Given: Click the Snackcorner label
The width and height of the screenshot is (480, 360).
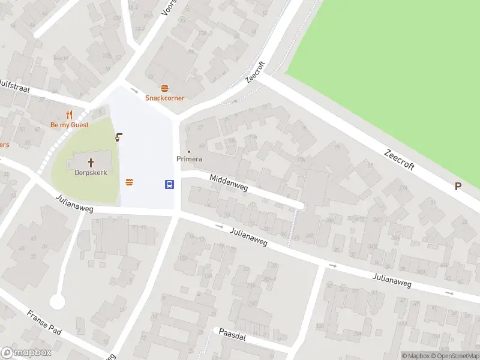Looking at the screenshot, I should (x=164, y=98).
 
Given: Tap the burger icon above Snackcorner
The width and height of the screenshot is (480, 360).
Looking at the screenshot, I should (x=164, y=88).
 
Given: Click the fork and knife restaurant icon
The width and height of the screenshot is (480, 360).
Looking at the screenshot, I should (x=69, y=115).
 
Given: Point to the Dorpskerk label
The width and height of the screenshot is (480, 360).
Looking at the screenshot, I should (x=91, y=172).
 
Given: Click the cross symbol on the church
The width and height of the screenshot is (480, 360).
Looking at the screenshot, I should (x=91, y=162).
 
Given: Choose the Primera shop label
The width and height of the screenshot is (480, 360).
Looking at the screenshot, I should (x=189, y=159).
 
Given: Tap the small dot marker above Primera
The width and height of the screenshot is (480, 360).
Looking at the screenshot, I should (x=189, y=151).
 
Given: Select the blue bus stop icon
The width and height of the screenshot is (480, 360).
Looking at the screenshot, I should (x=170, y=184).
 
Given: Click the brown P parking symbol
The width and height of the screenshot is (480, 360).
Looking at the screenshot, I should (x=458, y=187).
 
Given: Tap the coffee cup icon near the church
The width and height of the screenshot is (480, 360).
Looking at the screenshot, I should (x=119, y=137).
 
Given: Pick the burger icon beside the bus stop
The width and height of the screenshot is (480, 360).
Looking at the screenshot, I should (x=129, y=182).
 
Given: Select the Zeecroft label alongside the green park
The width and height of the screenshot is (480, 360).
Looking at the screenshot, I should (x=400, y=159).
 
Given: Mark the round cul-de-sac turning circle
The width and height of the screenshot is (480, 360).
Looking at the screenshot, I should (x=57, y=301).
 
